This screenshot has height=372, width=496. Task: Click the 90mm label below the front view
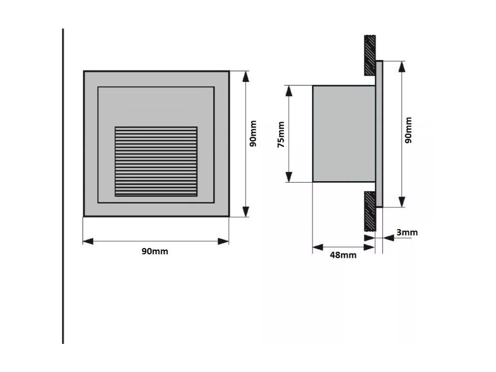coord(155,251)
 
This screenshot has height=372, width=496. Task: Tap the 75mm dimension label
coord(280,139)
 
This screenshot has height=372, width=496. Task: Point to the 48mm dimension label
coord(343,255)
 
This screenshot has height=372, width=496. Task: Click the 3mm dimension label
coord(407,232)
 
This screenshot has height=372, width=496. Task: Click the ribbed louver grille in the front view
coord(156,161)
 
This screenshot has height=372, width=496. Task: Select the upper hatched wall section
coord(370,54)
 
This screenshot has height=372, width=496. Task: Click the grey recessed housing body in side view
coord(343,134)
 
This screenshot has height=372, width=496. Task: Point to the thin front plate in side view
coord(379,134)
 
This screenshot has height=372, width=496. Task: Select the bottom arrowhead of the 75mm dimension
coord(289,176)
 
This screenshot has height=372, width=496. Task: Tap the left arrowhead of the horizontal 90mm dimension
coord(88,241)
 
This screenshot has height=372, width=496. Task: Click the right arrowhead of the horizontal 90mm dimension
coord(223,241)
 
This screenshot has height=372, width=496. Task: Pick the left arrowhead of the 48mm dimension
coord(318,248)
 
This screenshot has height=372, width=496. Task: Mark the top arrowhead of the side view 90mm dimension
coord(401,66)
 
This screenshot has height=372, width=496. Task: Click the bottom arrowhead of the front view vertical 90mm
coord(246,211)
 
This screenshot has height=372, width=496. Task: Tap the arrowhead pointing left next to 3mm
coord(387,237)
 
